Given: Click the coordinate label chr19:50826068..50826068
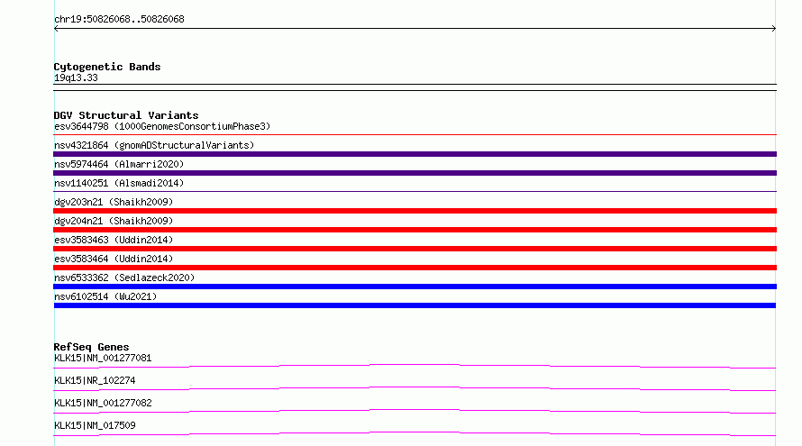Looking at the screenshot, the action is (x=119, y=20).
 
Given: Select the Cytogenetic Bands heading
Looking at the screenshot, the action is (x=107, y=67).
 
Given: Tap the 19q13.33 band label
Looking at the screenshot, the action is (x=76, y=77).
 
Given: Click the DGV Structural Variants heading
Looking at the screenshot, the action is (x=126, y=115).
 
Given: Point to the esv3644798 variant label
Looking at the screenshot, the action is (x=162, y=126).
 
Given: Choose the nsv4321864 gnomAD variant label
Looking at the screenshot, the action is (x=154, y=145).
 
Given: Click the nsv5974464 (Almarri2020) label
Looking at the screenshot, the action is (x=119, y=164).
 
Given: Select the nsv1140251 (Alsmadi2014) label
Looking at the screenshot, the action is (x=119, y=183).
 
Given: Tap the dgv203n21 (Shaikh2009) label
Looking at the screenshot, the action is (x=114, y=202).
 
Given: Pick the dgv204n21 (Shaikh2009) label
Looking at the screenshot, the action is (x=114, y=221).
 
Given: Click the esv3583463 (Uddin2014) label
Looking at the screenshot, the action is (x=114, y=240).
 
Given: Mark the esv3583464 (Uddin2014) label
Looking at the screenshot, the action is (x=114, y=259).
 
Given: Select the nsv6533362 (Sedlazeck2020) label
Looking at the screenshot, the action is (x=124, y=278).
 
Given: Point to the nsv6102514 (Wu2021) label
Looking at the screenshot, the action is (x=105, y=296).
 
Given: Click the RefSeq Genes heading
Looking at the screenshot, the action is (x=91, y=347).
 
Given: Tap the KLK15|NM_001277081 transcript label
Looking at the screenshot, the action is (x=103, y=358).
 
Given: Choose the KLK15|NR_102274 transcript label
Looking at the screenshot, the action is (x=95, y=380).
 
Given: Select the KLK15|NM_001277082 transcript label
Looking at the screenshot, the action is (x=103, y=403).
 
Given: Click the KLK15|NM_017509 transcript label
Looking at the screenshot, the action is (x=95, y=425).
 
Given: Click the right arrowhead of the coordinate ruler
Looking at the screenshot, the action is (x=774, y=29).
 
